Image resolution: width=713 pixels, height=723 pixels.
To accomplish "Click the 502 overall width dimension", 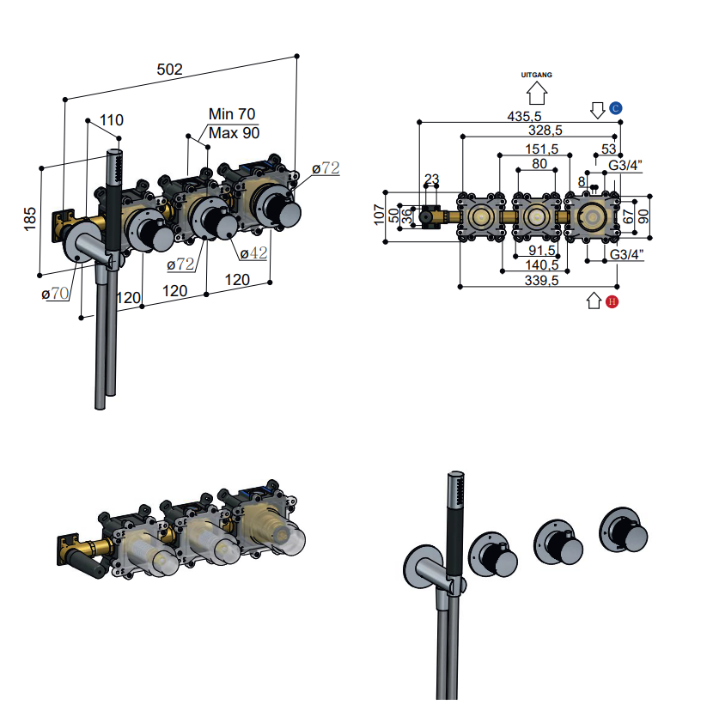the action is pos(170,70).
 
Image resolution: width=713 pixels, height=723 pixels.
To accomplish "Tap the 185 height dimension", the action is pos(30,219).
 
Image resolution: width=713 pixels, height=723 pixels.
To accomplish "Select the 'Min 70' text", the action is pos(232,114).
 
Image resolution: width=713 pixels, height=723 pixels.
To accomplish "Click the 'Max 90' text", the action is pos(234,133).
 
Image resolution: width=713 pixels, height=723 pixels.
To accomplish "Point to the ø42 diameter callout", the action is pos(253,252).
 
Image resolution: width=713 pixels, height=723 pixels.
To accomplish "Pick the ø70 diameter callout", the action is pos(55,294).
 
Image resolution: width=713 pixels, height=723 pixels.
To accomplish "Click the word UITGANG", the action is pos(536,75).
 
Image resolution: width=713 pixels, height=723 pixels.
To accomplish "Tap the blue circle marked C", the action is pos(616,108).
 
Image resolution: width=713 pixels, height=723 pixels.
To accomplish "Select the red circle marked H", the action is pos(612,301).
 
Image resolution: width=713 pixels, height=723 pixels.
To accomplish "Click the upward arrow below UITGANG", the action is pos(537,93).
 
